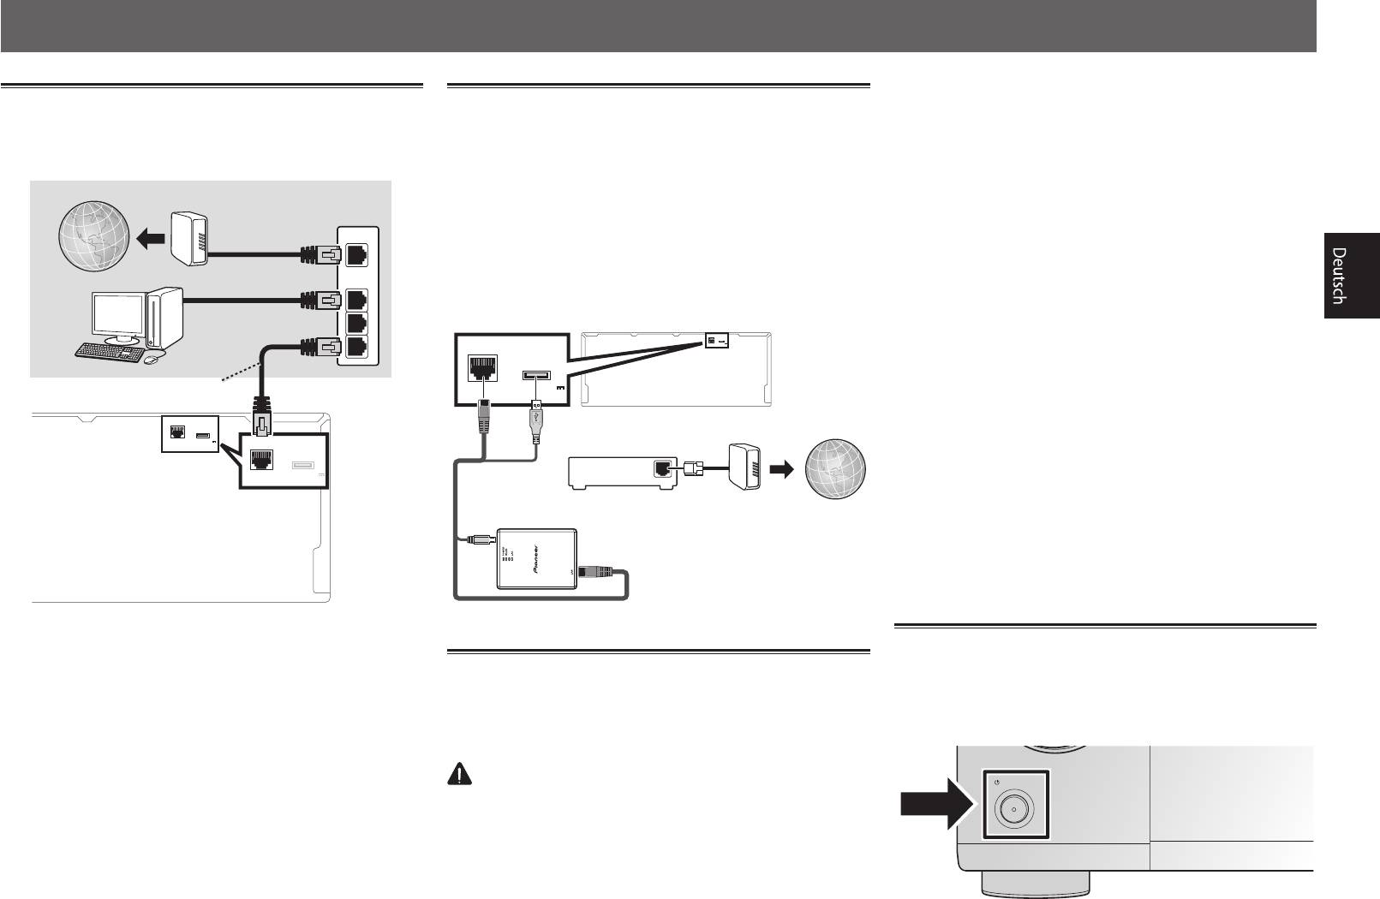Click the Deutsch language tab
point(1352,276)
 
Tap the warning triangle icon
point(461,775)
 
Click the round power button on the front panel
point(1013,809)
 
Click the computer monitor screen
point(118,318)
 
